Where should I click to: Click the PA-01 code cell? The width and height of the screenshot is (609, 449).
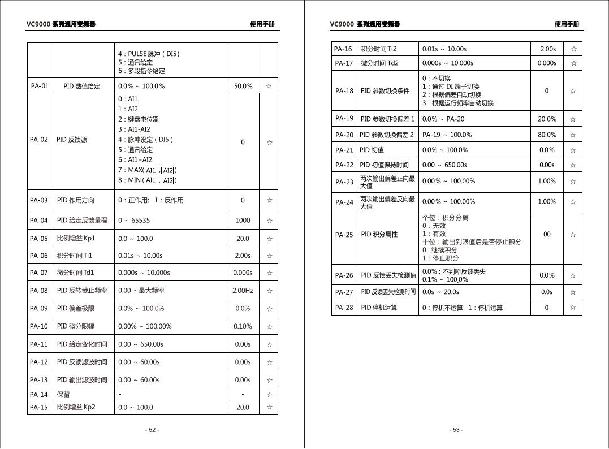point(40,86)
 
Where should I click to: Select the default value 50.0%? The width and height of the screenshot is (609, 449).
point(243,86)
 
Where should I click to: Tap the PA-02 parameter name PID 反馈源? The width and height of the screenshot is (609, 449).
point(72,140)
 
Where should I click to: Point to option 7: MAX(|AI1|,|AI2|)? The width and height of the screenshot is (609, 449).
point(148,170)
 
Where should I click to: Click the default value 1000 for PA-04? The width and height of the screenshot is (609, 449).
point(243,221)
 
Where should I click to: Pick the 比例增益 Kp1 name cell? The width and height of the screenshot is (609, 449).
point(76,239)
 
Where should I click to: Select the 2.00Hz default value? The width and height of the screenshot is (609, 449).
point(243,291)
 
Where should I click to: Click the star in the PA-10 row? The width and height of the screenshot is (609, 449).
point(269,326)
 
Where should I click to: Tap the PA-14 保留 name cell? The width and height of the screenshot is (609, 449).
point(63,395)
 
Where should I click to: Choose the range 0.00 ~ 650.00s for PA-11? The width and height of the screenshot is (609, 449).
point(141,344)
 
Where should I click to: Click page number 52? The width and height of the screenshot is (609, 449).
point(152,430)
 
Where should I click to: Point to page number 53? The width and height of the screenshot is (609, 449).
point(456,430)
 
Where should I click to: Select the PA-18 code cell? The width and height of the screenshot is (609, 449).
point(344,90)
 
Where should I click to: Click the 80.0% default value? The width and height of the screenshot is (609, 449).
point(547,135)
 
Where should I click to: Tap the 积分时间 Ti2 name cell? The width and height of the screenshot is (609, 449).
point(379,49)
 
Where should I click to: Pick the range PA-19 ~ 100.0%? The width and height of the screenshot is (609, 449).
point(447,135)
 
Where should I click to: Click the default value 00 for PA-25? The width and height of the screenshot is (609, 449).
point(547,234)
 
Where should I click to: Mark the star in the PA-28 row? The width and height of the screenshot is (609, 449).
point(573,308)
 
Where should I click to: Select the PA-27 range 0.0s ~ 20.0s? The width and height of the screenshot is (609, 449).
point(440,292)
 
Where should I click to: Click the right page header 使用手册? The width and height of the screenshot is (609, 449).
point(567,24)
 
